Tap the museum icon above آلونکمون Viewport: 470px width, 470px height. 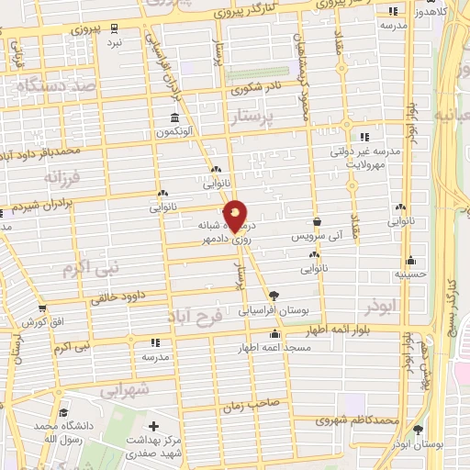pos(174,118)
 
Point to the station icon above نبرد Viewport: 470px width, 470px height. pos(114,29)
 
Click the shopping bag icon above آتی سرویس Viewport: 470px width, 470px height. pos(317,222)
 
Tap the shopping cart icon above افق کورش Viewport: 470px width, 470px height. pos(41,308)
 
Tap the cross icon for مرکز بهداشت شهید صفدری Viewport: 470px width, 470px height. pos(154,427)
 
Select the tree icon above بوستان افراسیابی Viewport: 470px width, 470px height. pos(273,295)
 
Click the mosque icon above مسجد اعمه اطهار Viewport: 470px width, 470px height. pos(274,334)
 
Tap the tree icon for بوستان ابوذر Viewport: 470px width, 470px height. pos(418,430)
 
